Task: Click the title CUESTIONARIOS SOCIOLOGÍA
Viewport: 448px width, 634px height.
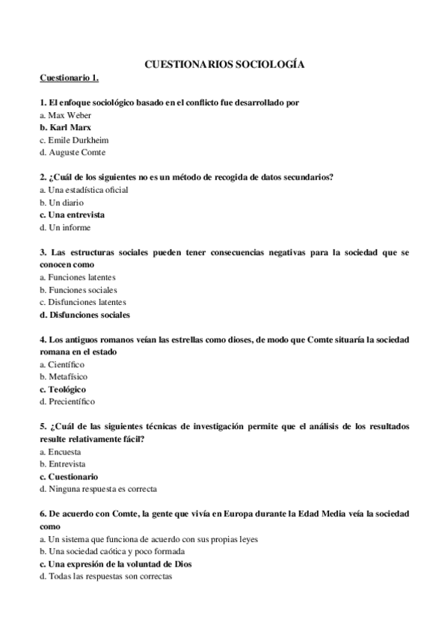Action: (x=224, y=64)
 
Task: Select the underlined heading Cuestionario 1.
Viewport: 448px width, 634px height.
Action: (x=69, y=78)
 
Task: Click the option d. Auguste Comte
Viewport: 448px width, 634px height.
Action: (x=73, y=153)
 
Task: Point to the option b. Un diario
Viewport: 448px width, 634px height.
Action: (x=61, y=203)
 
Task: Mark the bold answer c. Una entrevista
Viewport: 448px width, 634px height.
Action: (x=72, y=215)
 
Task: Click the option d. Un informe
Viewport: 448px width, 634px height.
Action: (x=64, y=227)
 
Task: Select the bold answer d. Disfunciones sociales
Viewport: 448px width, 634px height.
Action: (x=85, y=315)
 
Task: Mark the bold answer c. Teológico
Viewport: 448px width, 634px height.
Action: (x=63, y=390)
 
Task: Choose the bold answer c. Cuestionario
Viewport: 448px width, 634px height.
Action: (x=69, y=476)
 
